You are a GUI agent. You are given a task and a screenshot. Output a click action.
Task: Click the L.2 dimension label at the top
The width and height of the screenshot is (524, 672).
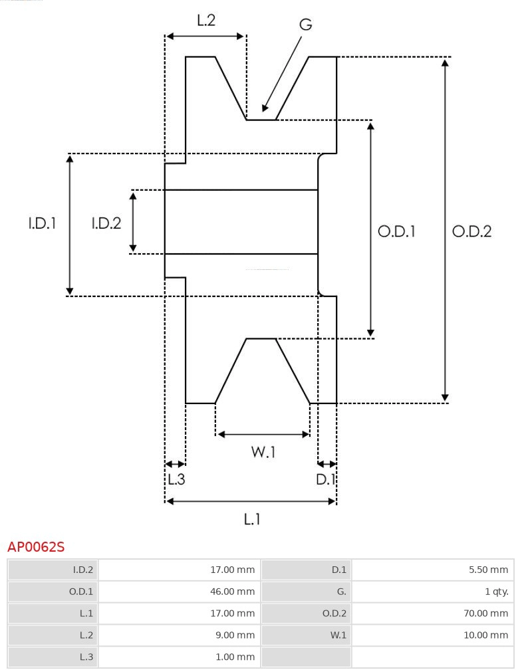point(206,21)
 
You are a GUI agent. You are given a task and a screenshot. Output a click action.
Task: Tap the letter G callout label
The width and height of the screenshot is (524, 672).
point(305,25)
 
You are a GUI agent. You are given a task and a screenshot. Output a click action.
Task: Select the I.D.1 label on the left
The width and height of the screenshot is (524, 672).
point(42,223)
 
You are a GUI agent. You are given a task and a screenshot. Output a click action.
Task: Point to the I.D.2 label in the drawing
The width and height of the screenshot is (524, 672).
point(106,223)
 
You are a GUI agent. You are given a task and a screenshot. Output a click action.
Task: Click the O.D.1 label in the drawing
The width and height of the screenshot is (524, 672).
point(396,231)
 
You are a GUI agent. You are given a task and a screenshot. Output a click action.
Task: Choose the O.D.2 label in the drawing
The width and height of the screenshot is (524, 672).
point(471,231)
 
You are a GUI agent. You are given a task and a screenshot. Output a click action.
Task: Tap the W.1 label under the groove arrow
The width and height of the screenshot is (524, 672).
point(263,452)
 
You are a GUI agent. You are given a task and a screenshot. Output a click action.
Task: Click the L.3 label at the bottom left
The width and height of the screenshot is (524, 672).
point(176,479)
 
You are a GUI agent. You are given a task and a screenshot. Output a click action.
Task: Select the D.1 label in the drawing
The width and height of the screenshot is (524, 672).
point(326,479)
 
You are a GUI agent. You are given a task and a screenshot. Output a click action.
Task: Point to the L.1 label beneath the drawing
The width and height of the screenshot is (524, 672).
point(251,519)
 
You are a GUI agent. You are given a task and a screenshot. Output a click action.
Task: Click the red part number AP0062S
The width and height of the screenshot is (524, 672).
point(36,547)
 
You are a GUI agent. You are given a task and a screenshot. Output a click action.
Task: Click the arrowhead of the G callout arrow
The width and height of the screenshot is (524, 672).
point(265,108)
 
